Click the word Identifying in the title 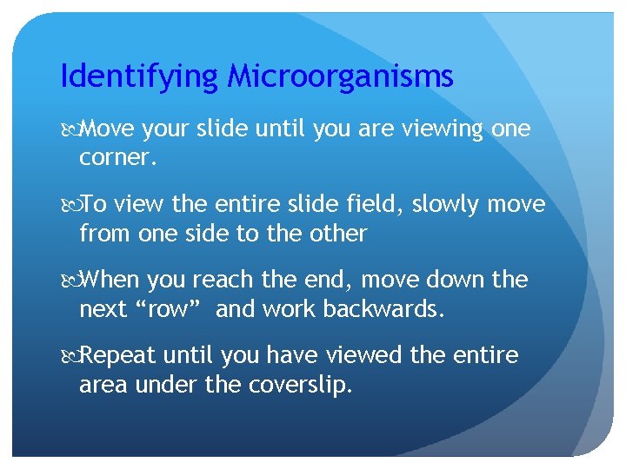(x=140, y=77)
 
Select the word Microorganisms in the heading (x=340, y=77)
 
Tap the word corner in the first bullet (x=113, y=159)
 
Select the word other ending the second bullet (x=338, y=234)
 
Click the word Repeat (x=119, y=356)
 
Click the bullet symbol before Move (x=70, y=130)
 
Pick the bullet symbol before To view (x=70, y=205)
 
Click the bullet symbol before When (x=70, y=281)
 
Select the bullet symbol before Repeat (x=70, y=356)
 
